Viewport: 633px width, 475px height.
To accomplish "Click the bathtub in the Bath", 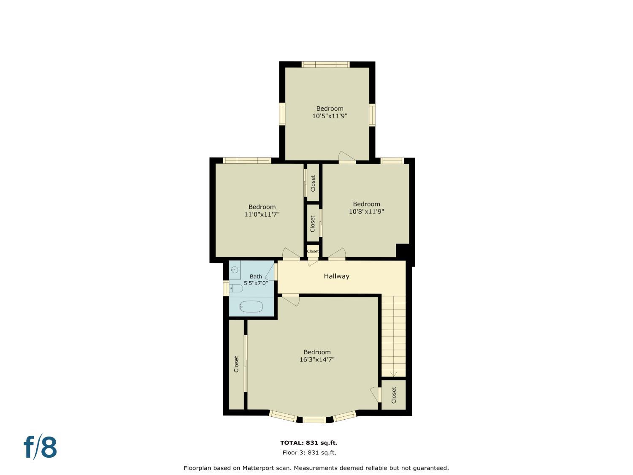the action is coord(251,307).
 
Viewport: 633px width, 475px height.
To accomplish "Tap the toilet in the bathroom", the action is coord(236,288).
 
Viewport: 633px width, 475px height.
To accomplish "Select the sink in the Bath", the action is coord(235,270).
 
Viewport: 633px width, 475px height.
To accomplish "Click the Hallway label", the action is coord(336,276).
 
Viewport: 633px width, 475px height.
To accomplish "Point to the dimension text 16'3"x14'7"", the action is coord(317,359).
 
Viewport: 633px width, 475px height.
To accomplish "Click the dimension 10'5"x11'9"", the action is coord(330,116).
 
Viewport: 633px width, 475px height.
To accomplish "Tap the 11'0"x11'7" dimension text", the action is coord(262,214).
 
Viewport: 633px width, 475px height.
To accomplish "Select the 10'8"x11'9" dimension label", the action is coord(366,212).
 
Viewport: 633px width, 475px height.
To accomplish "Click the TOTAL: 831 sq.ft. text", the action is coord(309,442).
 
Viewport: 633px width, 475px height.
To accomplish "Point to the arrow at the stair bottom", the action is coord(394,374).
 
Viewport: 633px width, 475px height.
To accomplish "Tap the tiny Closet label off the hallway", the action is coord(313,251).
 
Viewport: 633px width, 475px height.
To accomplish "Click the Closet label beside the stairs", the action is coord(394,395).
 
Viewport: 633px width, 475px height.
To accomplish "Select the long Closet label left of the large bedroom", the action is coord(236,364).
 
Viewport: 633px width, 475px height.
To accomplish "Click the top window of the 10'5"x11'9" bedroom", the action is coord(326,64).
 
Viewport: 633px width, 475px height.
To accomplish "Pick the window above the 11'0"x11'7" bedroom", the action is coord(247,160).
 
